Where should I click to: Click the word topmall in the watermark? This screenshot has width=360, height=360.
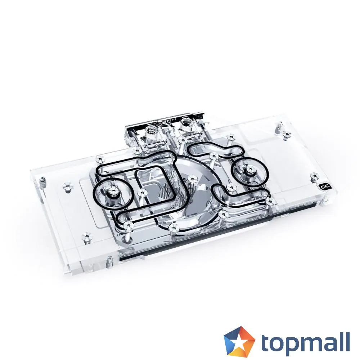coord(305,342)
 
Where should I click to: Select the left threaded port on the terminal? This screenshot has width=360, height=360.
coord(151,130)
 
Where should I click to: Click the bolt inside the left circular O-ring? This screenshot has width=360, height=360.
coord(109,190)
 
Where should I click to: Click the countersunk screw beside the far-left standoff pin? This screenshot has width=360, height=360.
coord(67,186)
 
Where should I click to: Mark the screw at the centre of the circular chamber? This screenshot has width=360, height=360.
coord(192,179)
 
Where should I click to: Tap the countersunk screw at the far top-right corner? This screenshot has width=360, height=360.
coord(287,135)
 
